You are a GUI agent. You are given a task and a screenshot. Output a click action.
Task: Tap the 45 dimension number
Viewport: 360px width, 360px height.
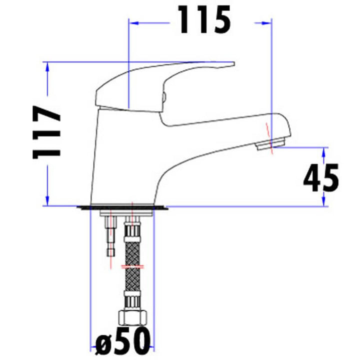point(321,177)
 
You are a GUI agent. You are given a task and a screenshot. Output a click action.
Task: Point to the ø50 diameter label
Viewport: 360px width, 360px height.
point(123,342)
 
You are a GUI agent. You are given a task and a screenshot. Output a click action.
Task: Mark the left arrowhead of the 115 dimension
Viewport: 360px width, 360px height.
point(133,22)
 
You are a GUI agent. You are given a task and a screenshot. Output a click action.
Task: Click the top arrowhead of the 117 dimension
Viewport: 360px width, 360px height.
point(48,66)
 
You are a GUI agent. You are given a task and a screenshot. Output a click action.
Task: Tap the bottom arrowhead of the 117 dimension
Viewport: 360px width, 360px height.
point(48,201)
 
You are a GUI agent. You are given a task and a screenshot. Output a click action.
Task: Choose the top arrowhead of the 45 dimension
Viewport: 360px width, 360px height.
point(325,151)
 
